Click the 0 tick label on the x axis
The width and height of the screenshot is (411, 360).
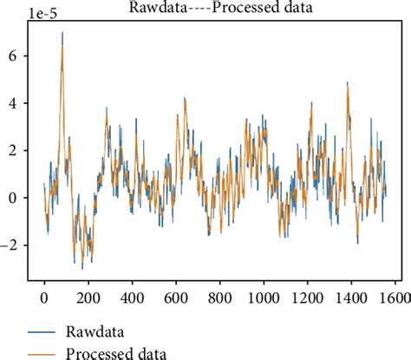pos(44,297)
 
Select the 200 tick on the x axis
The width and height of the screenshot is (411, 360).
pos(88,297)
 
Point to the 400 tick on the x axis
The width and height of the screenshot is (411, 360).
pos(132,297)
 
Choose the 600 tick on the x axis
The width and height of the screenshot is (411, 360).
pos(176,297)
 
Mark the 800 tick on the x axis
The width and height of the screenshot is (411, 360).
pos(219,297)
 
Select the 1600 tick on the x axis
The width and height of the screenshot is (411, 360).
pos(395,297)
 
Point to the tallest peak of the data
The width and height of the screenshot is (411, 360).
pos(62,33)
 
